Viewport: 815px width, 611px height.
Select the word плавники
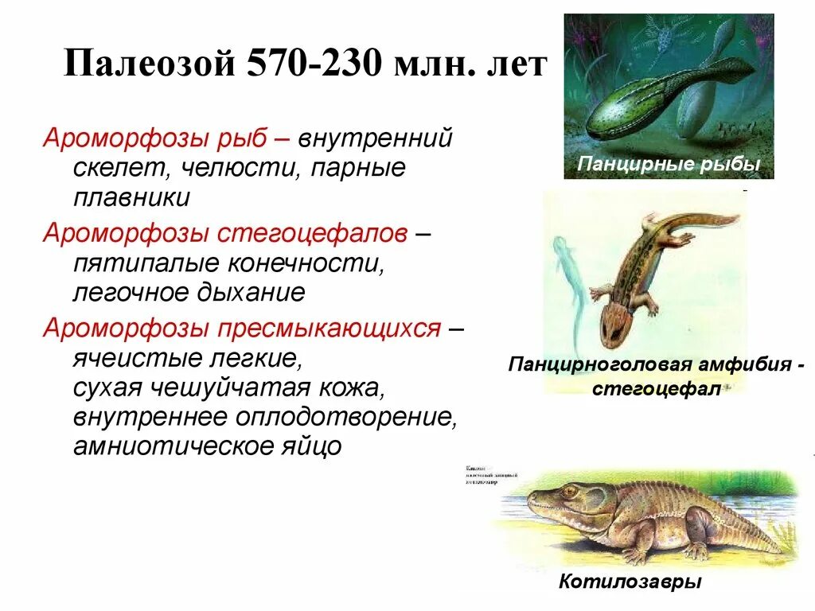click(x=131, y=197)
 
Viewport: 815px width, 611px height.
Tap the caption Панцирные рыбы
click(x=669, y=165)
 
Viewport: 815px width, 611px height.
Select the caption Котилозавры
click(x=630, y=582)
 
